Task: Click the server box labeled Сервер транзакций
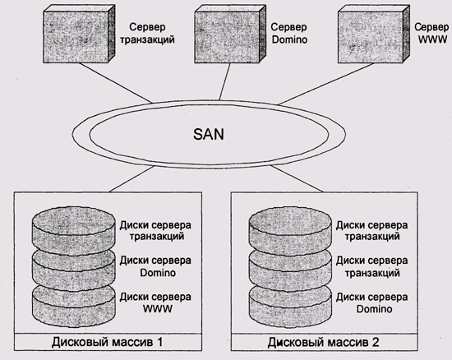(x=79, y=34)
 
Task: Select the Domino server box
(x=230, y=34)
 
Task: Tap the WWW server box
(x=374, y=34)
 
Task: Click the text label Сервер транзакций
(x=147, y=33)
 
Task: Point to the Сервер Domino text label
(x=289, y=33)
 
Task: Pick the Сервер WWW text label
(x=431, y=33)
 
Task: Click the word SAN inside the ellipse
(x=209, y=134)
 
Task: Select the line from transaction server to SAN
(x=115, y=83)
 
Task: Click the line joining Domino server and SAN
(x=225, y=81)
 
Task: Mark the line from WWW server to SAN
(x=325, y=84)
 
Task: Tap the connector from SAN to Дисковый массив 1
(x=131, y=179)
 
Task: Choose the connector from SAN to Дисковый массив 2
(x=297, y=179)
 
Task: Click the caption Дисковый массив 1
(x=107, y=342)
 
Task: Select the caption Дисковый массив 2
(x=323, y=342)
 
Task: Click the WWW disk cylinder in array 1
(x=73, y=307)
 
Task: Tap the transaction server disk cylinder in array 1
(x=73, y=231)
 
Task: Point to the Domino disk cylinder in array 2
(x=290, y=307)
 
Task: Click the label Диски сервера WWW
(x=155, y=302)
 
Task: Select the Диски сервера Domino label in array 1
(x=155, y=266)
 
